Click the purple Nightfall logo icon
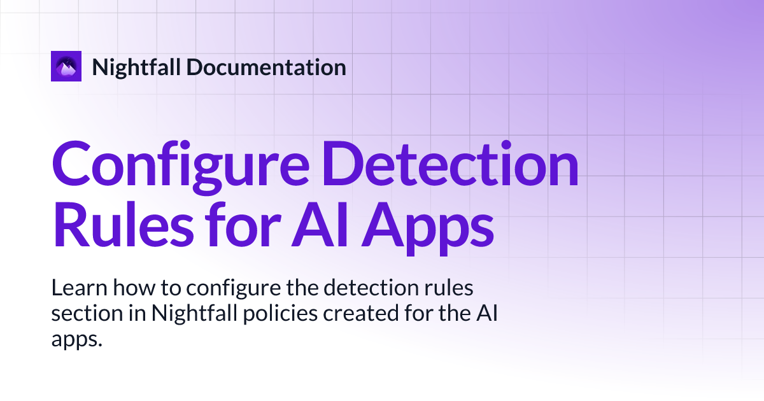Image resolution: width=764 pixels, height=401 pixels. click(x=66, y=66)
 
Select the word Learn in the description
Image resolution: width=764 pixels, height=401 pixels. click(x=78, y=288)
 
